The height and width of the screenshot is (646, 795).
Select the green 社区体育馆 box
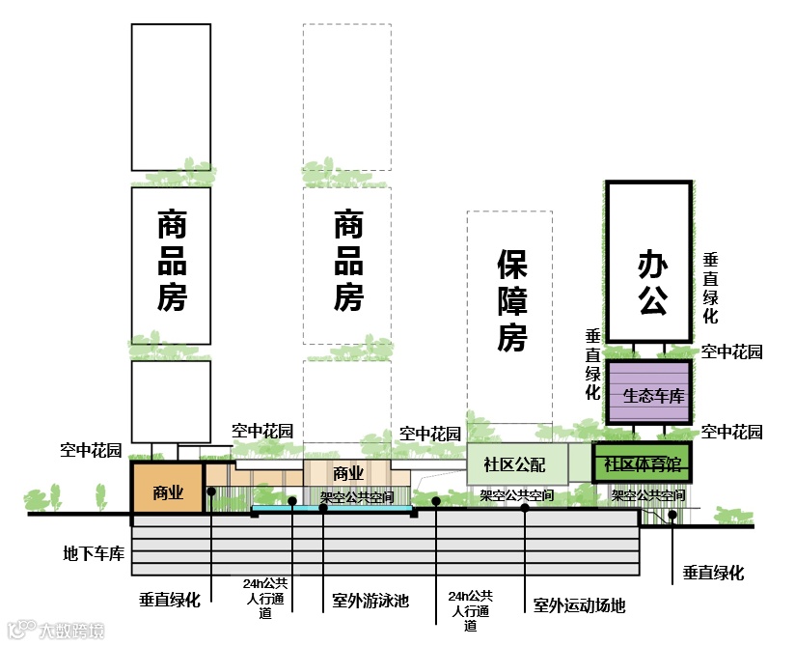(643, 464)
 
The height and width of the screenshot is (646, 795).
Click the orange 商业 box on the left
(168, 491)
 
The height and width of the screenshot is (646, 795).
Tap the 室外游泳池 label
(365, 602)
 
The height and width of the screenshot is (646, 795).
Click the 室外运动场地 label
(579, 606)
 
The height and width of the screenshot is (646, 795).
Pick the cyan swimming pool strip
(333, 507)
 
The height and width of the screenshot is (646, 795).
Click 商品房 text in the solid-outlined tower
(171, 263)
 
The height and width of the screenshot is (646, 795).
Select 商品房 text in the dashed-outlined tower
(347, 263)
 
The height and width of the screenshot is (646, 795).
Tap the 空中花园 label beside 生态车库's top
(731, 352)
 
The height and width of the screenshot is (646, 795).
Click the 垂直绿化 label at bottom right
(713, 573)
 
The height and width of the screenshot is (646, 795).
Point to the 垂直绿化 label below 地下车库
(170, 600)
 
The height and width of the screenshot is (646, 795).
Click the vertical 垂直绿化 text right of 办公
(710, 288)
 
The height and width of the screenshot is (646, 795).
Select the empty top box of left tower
(171, 97)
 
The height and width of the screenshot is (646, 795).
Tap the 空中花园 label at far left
(91, 450)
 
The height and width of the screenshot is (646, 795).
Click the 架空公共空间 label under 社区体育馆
(647, 495)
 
